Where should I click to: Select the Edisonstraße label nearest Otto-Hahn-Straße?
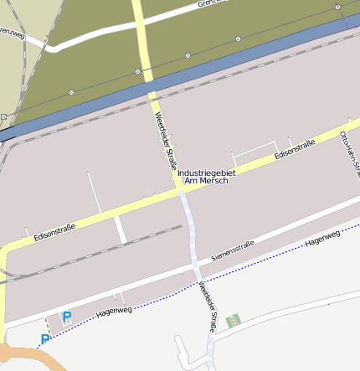click(x=295, y=148)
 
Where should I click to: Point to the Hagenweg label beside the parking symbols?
click(x=115, y=311)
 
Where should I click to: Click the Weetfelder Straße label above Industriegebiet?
click(x=166, y=134)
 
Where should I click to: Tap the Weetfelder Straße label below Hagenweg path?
click(x=207, y=307)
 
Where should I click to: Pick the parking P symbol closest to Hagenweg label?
click(x=67, y=317)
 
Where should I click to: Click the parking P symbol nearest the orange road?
click(x=44, y=339)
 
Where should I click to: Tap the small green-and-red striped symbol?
click(x=233, y=320)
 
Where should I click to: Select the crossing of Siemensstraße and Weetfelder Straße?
click(x=194, y=267)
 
